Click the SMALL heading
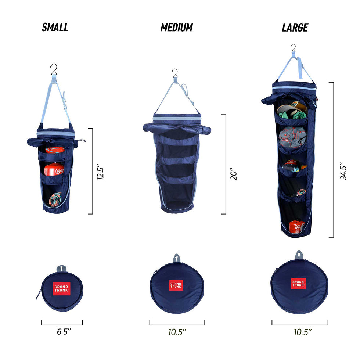55,27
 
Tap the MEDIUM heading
177,27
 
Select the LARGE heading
295,27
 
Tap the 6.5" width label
64,332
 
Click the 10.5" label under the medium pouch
177,332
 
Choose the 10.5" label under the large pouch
303,332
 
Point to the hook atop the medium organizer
175,73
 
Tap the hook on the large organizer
293,48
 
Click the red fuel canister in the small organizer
54,169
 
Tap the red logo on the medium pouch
176,285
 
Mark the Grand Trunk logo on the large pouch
298,283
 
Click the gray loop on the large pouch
299,255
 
